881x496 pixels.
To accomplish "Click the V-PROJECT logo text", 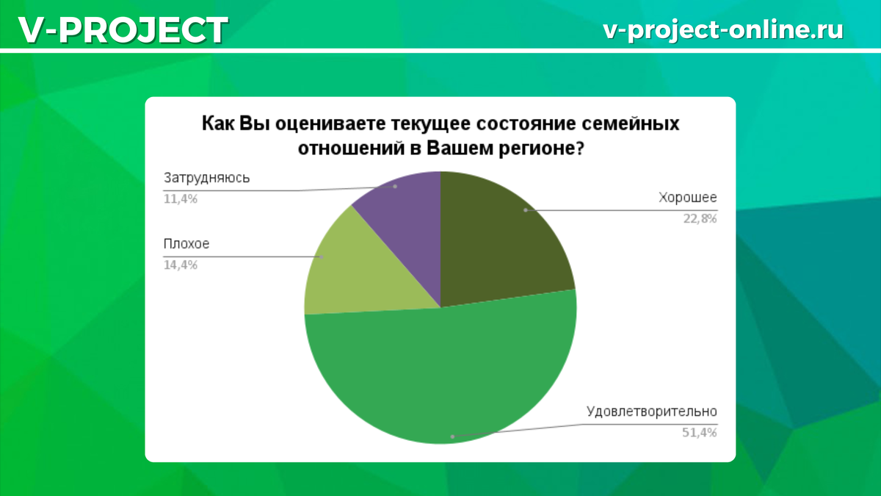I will pos(122,30).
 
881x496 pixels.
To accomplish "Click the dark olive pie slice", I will pos(499,235).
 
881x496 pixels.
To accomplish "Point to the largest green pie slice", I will pos(440,375).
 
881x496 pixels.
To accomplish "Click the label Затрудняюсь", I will pos(207,179).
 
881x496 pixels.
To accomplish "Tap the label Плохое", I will pos(181,245).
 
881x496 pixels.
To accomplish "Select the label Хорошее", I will pos(688,198).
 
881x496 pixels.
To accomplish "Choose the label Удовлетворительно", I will pos(651,411).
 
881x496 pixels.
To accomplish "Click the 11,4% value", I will pos(181,198).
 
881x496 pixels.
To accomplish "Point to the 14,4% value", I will pos(181,265).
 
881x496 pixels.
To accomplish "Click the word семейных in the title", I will pos(632,123).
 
